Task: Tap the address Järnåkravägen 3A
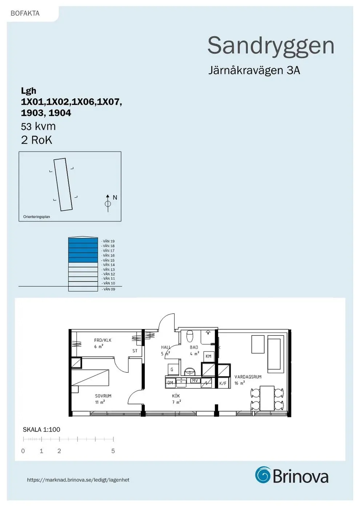[x=254, y=70]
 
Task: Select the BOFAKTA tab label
[x=25, y=13]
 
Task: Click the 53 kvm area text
[x=38, y=127]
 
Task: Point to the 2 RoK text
[x=36, y=140]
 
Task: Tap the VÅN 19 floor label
[x=108, y=241]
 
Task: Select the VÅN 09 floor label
[x=109, y=289]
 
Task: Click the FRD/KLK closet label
[x=103, y=340]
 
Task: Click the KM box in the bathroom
[x=208, y=356]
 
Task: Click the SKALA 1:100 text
[x=41, y=429]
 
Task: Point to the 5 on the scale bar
[x=113, y=451]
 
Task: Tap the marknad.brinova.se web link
[x=78, y=480]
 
